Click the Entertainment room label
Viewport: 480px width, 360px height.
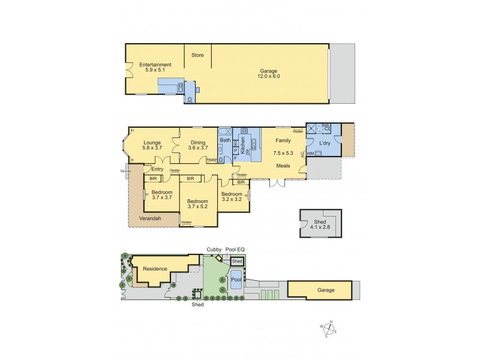(155, 68)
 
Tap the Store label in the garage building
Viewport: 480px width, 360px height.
(197, 55)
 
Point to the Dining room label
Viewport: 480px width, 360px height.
(197, 145)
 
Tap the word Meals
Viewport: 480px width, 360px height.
(284, 165)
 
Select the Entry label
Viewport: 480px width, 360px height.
(157, 169)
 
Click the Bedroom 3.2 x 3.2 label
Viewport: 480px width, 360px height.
(232, 197)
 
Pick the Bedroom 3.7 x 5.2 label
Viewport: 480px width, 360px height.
(197, 204)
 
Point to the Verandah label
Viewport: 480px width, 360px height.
(149, 218)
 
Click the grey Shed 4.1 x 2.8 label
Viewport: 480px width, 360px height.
(319, 225)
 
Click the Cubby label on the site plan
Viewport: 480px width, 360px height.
(214, 248)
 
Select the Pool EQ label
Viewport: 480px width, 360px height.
(235, 248)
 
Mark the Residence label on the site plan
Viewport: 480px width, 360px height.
(155, 269)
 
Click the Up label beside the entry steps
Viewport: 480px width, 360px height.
(123, 170)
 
